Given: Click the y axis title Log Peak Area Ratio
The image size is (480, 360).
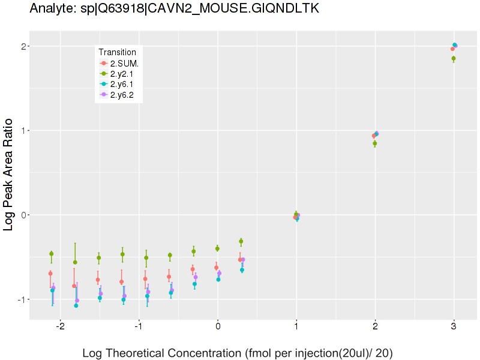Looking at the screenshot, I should [x=10, y=174].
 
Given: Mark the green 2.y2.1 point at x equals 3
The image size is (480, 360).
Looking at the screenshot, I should [x=454, y=58].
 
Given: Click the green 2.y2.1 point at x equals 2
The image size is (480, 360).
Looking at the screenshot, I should [x=374, y=143].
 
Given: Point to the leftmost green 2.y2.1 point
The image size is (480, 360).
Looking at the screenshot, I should [x=52, y=254].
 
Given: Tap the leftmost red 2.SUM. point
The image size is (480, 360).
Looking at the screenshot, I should [x=50, y=274].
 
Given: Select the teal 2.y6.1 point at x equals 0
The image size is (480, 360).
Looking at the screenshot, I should [x=218, y=280].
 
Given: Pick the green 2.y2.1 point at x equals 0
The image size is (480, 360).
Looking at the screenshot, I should [x=217, y=248].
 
